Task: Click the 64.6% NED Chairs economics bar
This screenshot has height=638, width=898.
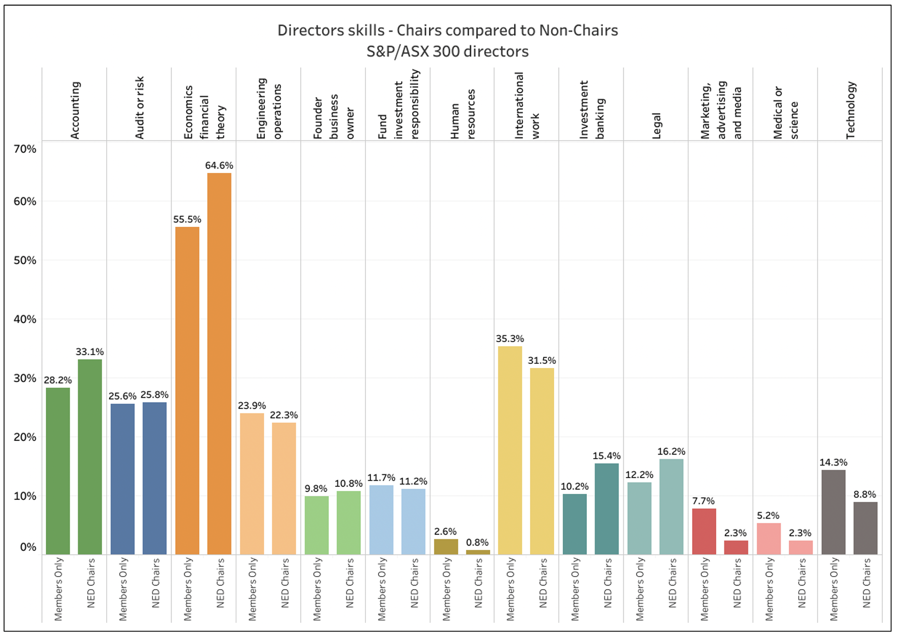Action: coord(219,363)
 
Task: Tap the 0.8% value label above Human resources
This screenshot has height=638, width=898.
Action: coord(477,542)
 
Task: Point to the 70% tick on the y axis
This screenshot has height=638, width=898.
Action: coord(25,149)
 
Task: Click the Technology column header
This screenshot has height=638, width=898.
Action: coord(850,110)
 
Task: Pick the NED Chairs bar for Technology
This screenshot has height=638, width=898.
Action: coord(865,528)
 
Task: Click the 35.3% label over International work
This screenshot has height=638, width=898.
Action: coord(509,339)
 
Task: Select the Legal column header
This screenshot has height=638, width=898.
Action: coord(656,125)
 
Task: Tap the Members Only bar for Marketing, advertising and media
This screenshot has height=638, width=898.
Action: coord(704,531)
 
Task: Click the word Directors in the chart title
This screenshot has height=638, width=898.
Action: coord(306,30)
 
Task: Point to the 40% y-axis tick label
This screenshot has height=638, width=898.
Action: coord(25,320)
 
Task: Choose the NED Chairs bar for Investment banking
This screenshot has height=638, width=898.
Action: coord(607,508)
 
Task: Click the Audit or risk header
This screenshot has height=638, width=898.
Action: coord(139,107)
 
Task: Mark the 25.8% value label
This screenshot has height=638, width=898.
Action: coord(155,395)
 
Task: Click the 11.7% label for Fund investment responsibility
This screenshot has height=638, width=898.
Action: coord(381,478)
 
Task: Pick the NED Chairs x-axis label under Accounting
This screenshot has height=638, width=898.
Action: coord(91,583)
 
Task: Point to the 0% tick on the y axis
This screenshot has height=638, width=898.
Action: coord(28,547)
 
